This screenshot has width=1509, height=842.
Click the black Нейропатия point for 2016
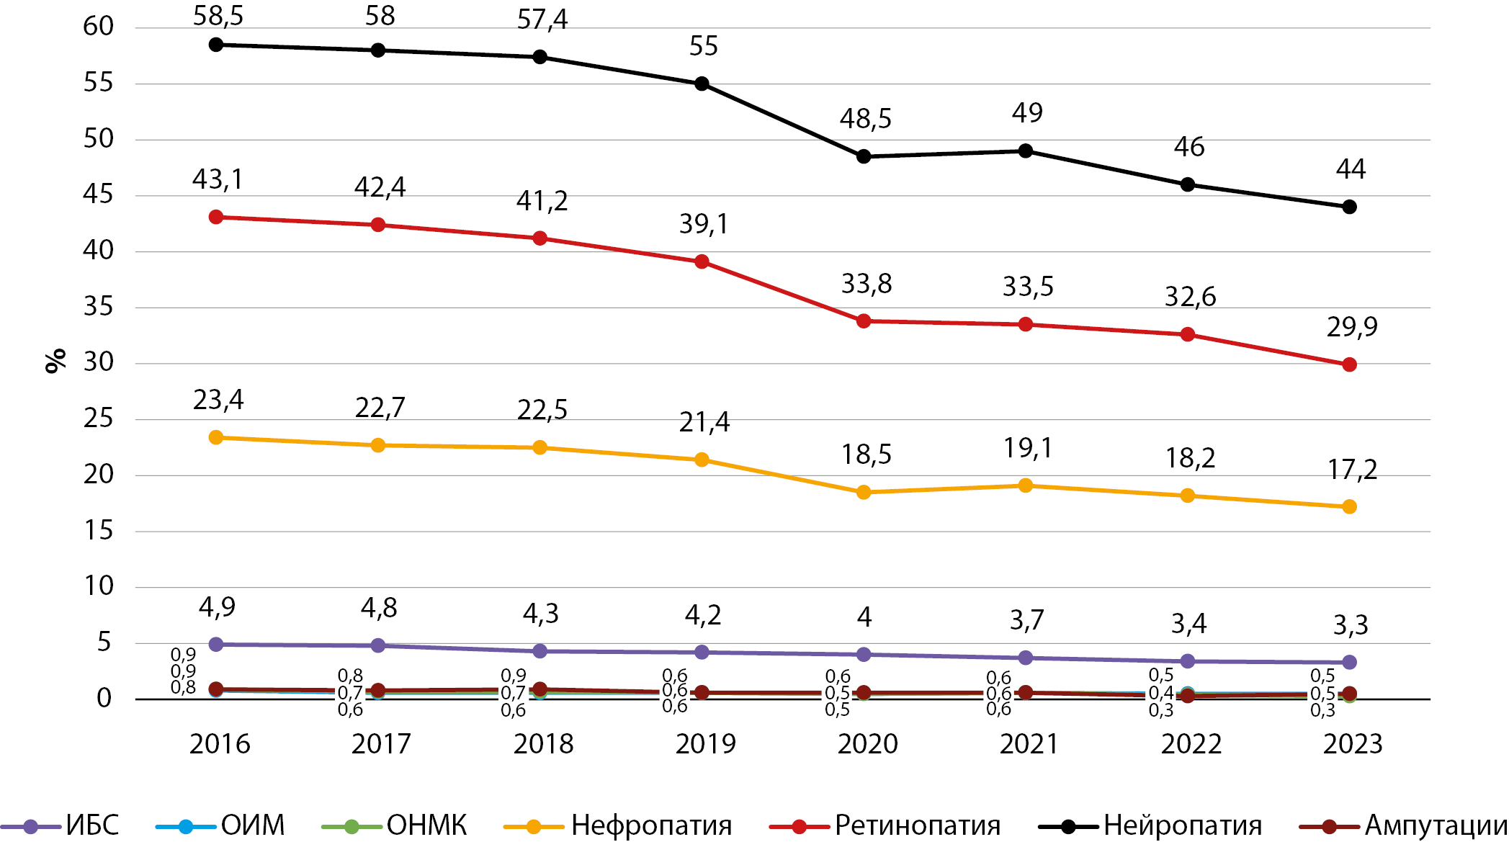click(216, 45)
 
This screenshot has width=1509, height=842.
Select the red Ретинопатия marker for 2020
click(864, 321)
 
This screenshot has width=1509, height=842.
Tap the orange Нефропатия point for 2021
click(1026, 485)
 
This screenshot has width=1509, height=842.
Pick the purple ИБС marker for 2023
click(1350, 662)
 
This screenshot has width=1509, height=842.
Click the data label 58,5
click(218, 16)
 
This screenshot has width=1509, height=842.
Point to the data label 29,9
click(1352, 327)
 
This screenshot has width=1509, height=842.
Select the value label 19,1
click(1028, 449)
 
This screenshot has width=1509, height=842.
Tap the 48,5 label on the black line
click(866, 119)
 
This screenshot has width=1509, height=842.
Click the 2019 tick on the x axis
click(705, 744)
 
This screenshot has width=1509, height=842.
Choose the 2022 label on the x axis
click(1191, 744)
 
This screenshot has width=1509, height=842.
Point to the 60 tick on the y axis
click(99, 27)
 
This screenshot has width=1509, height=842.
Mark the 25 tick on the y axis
click(99, 418)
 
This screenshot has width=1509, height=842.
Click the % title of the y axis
click(55, 361)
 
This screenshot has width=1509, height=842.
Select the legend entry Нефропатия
click(651, 825)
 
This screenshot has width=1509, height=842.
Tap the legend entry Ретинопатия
click(917, 825)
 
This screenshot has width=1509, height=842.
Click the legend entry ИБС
click(92, 825)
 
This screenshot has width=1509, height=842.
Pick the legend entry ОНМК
click(426, 825)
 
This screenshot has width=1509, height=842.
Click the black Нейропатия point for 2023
click(1350, 207)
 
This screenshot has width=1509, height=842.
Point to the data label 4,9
click(217, 608)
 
